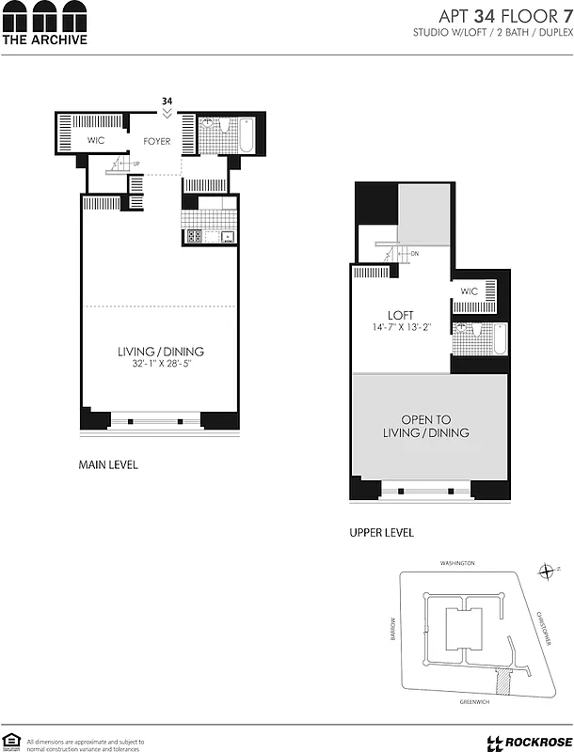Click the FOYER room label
(157, 142)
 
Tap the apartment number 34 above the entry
(167, 101)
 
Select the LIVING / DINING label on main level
(160, 352)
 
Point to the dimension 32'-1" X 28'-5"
(160, 365)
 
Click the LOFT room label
(402, 315)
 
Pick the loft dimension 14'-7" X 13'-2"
(402, 327)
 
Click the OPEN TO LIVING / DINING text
(425, 426)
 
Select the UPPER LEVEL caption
(381, 533)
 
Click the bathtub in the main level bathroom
(245, 133)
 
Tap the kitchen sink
(228, 237)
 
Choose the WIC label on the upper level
(470, 291)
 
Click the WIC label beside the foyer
(95, 141)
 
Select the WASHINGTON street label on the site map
(457, 563)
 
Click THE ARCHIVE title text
(44, 40)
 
